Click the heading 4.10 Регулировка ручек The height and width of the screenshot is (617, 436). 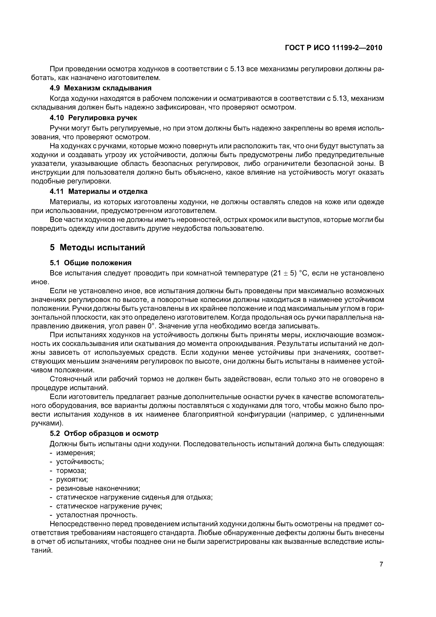pyautogui.click(x=94, y=118)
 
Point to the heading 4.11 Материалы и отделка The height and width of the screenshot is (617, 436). pyautogui.click(x=99, y=191)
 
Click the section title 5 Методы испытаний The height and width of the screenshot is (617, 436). pyautogui.click(x=97, y=247)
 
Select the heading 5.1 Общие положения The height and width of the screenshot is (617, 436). pyautogui.click(x=91, y=263)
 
